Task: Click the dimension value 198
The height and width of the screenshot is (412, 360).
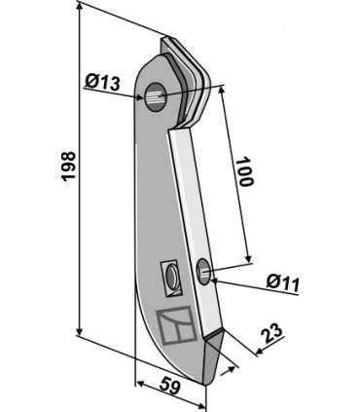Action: pos(69,166)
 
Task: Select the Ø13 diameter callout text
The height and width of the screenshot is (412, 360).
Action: pos(102,82)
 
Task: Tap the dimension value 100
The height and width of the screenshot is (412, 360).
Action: pos(244,171)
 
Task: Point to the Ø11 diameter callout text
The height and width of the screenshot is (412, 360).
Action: pos(282,282)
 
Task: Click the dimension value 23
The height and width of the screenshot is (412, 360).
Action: pos(272,334)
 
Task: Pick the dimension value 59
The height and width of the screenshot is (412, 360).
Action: pos(169,387)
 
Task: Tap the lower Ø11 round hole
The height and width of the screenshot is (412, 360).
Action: pos(204,272)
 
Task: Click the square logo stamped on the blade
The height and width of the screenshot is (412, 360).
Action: pos(176,325)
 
